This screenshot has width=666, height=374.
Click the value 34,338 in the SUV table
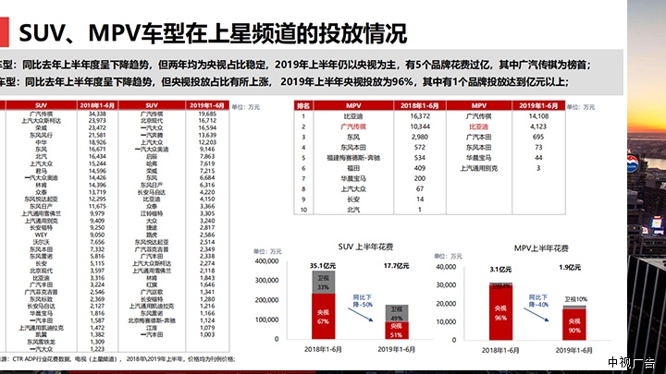click(x=98, y=115)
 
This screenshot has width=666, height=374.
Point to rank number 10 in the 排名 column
click(x=302, y=209)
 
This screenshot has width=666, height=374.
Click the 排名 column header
click(x=302, y=106)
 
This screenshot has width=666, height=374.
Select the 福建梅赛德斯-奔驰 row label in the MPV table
click(x=353, y=157)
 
